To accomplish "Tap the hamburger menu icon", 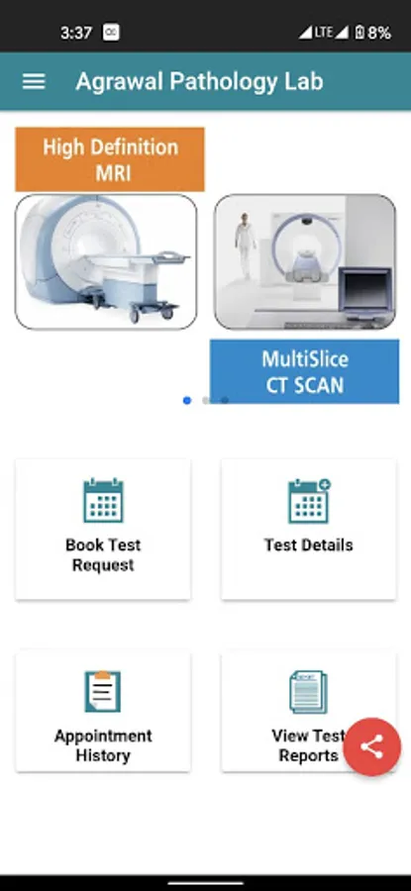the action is [34, 82].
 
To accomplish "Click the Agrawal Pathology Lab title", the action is [199, 82].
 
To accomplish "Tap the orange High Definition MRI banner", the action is [110, 159].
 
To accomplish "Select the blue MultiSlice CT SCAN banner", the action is [305, 371].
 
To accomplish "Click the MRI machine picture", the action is [106, 261].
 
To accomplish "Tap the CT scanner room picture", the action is [305, 261].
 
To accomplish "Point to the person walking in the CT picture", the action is [245, 246].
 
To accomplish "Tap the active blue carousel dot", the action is [187, 401].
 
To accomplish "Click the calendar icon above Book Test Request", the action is [103, 501].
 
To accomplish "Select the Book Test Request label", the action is [103, 555].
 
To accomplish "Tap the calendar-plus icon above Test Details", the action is [309, 501].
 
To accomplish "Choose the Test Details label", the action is [309, 544].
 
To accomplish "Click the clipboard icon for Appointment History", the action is [103, 691].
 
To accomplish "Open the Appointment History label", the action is [103, 745].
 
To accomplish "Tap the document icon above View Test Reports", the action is [309, 692].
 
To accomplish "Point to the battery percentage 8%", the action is [379, 33].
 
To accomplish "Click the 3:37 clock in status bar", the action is [76, 33].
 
